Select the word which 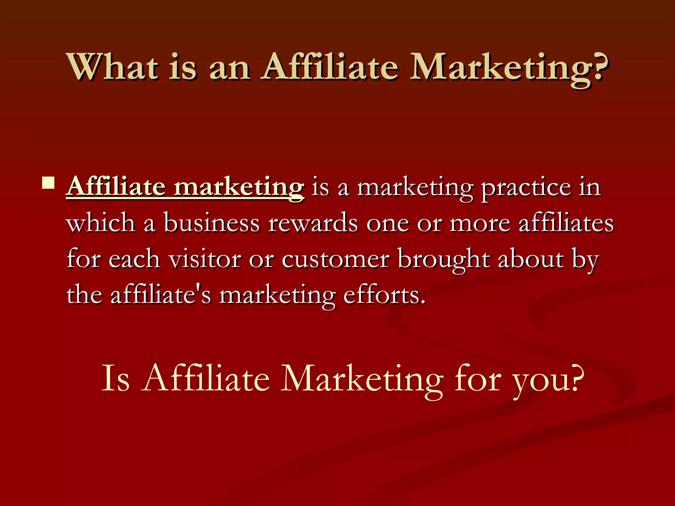point(101,223)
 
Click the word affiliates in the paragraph point(566,223)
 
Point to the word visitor point(205,259)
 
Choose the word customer point(336,260)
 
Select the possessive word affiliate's point(161,295)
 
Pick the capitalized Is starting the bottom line point(115,379)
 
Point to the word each point(134,259)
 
